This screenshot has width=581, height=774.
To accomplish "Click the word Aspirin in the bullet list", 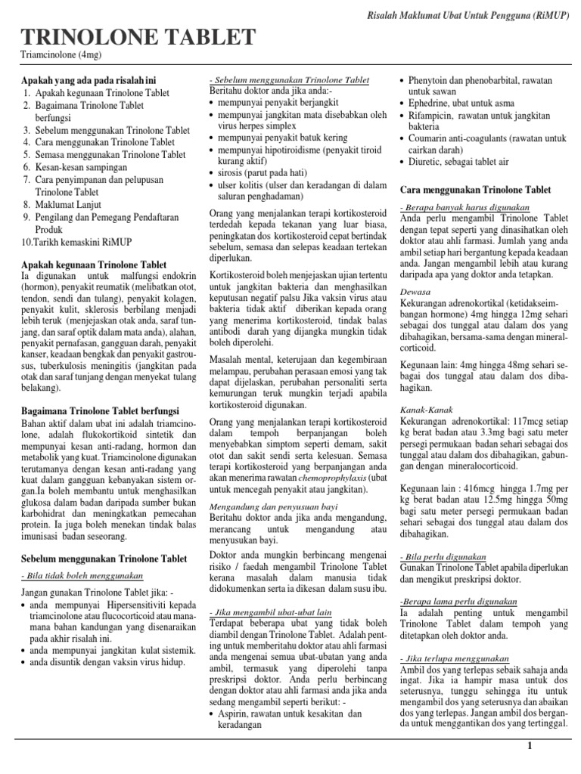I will pos(234,714).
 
